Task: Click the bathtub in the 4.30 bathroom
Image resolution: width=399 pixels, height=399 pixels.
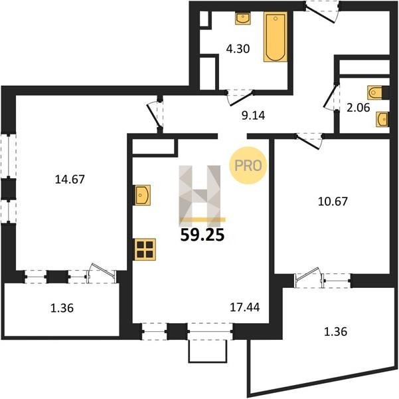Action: click(276, 37)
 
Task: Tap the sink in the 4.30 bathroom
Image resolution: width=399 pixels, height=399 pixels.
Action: click(243, 19)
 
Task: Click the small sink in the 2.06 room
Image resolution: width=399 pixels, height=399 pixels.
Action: click(382, 119)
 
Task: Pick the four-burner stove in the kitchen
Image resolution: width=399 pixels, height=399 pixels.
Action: click(145, 249)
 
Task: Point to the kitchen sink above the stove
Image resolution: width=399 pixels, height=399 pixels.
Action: click(143, 195)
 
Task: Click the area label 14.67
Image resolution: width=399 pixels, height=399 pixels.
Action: click(70, 180)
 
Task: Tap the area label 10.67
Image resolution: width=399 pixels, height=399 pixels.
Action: click(333, 201)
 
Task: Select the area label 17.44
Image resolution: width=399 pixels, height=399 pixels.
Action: click(245, 307)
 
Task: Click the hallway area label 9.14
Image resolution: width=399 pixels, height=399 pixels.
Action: click(253, 116)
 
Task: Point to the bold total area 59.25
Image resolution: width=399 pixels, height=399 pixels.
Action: click(202, 235)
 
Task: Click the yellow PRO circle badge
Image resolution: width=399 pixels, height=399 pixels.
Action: click(248, 166)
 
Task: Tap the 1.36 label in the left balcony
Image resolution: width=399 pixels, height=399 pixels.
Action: click(62, 308)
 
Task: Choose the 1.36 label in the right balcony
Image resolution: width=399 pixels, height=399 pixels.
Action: click(336, 332)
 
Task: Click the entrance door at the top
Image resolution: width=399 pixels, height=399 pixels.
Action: click(322, 11)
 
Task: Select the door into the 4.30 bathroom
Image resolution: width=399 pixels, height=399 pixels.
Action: click(240, 97)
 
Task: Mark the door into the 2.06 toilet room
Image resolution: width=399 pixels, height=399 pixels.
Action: click(331, 97)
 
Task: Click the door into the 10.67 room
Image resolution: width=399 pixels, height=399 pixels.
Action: click(309, 141)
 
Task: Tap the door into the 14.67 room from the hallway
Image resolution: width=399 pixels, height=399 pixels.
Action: click(155, 114)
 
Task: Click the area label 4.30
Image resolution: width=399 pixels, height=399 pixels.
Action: click(238, 49)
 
